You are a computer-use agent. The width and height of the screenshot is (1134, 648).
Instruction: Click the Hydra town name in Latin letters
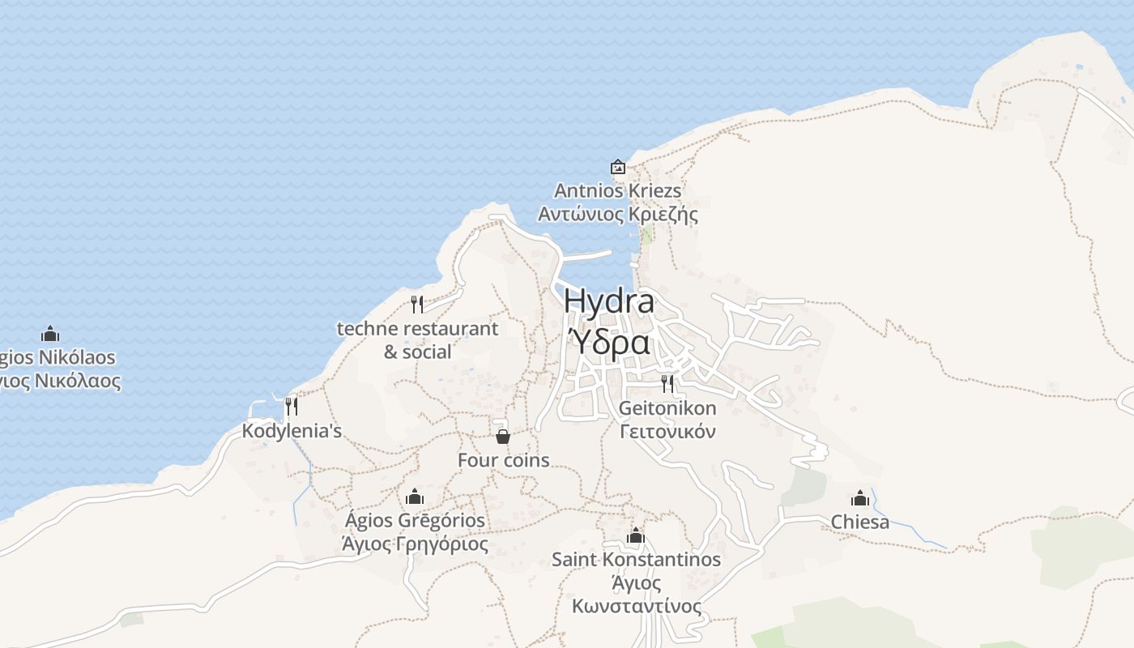pos(609,301)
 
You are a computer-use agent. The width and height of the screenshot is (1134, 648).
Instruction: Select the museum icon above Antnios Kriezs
pos(618,167)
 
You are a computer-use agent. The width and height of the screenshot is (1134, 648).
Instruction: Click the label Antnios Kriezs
pos(618,191)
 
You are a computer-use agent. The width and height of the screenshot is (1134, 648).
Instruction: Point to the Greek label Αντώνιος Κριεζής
pos(618,215)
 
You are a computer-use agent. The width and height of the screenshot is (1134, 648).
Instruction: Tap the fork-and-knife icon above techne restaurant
pos(417,305)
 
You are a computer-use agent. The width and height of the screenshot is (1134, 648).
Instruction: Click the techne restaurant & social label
pos(417,340)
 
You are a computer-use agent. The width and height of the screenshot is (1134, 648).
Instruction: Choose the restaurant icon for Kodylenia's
pos(292,406)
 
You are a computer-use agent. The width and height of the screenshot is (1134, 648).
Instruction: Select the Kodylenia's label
pos(292,431)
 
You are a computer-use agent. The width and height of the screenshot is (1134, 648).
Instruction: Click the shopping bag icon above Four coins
pos(503,437)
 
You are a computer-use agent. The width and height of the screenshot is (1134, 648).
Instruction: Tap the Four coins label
pos(503,460)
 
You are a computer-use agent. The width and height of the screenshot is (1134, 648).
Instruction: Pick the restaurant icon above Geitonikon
pos(667,383)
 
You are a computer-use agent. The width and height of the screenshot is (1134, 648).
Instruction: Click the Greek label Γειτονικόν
pos(667,431)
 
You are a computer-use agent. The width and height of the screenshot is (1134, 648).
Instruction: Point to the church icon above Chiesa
pos(860,497)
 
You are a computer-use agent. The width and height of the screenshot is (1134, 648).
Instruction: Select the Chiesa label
pos(860,522)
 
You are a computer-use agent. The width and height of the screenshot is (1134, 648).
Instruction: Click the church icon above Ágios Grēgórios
pos(415,496)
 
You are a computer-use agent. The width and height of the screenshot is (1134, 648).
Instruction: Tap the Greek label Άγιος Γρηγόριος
pos(415,544)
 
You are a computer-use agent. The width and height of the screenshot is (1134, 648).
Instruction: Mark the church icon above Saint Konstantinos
pos(636,535)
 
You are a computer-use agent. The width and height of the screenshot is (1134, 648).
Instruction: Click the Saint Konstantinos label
pos(636,560)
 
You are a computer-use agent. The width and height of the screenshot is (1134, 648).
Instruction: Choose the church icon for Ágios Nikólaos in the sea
pos(50,334)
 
